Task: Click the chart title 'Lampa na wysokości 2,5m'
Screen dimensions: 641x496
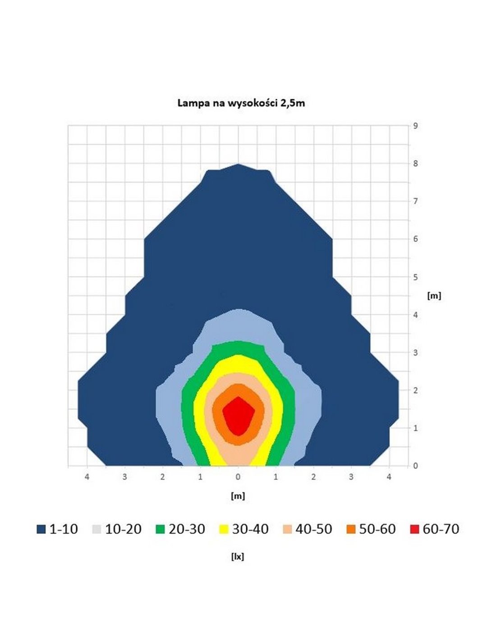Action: (x=241, y=103)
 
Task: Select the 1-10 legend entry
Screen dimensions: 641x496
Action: (x=57, y=529)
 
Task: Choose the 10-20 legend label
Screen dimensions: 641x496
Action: (x=123, y=529)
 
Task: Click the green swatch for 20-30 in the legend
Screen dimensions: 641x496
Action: (x=160, y=529)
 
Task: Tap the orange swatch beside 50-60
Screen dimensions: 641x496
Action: (x=350, y=529)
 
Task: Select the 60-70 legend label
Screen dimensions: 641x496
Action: (x=441, y=529)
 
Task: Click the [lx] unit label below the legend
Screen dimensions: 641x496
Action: (x=238, y=557)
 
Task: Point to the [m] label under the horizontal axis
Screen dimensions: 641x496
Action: (x=238, y=496)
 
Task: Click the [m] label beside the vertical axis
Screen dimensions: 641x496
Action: (x=434, y=296)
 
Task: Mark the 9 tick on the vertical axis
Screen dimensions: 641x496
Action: (x=415, y=126)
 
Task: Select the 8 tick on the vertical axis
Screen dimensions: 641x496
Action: (x=415, y=164)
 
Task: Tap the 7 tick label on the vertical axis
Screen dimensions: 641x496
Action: (x=415, y=201)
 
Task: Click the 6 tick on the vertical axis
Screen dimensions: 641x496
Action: (x=415, y=239)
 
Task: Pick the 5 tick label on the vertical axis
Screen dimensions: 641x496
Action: (x=415, y=277)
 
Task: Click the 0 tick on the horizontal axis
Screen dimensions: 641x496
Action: (x=238, y=477)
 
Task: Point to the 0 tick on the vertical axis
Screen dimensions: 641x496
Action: (x=415, y=466)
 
